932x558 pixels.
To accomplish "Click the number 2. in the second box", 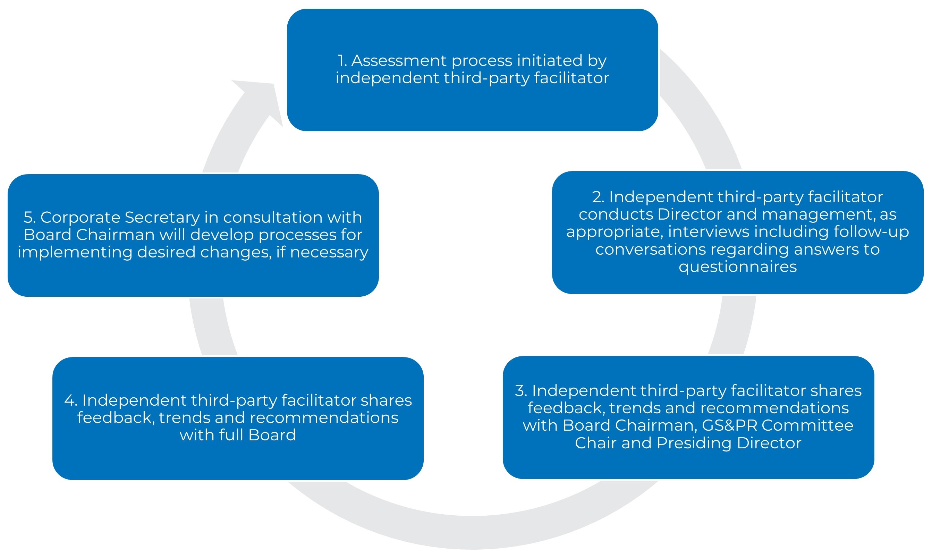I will [x=598, y=197].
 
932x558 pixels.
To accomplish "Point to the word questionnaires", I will [x=737, y=267].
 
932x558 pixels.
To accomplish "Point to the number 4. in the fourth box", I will [x=70, y=400].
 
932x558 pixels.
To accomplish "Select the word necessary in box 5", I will [x=329, y=252].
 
